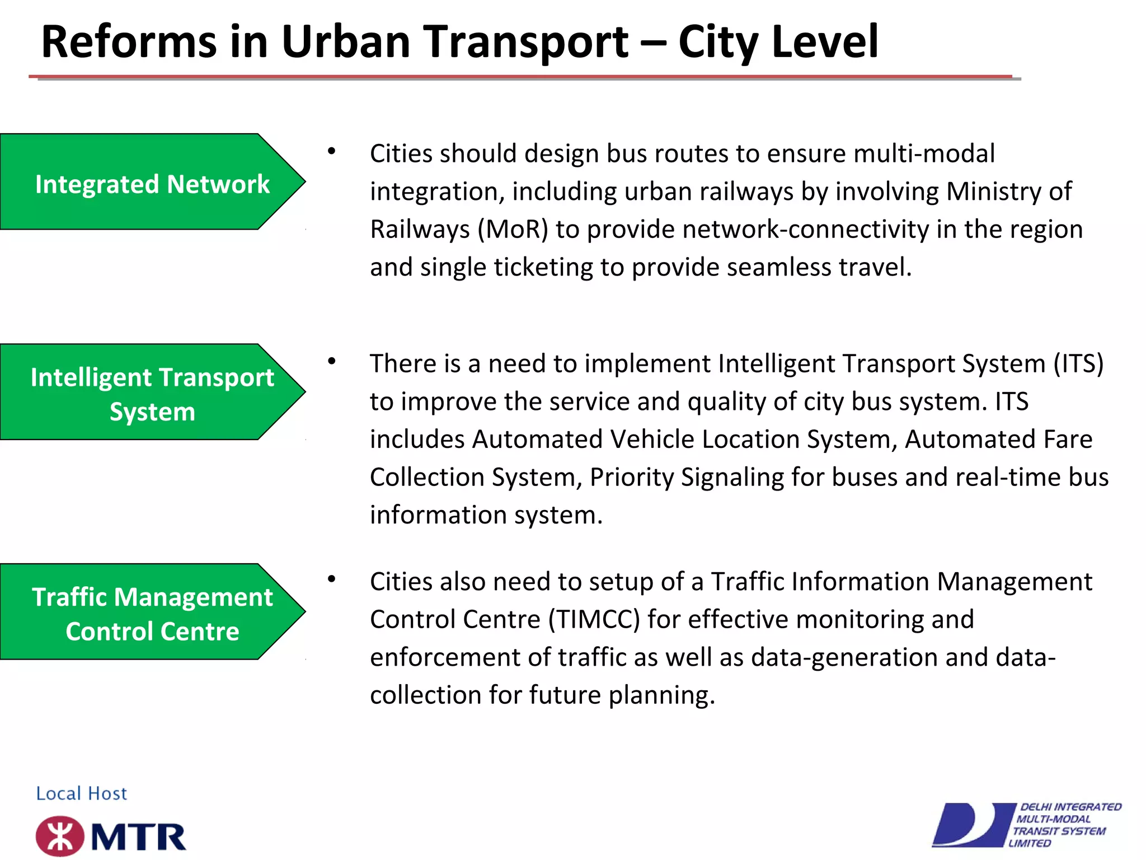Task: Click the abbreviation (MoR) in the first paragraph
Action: tap(513, 230)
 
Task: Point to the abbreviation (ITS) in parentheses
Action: tap(1078, 364)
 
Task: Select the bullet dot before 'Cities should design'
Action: tap(332, 151)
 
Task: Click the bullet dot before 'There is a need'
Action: tap(332, 361)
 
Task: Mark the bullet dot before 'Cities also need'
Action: tap(332, 579)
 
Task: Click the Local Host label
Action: tap(82, 793)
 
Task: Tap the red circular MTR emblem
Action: tap(60, 836)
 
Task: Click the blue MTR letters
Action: tap(138, 837)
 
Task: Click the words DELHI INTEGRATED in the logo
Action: tap(1070, 807)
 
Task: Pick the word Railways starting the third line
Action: tap(420, 230)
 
